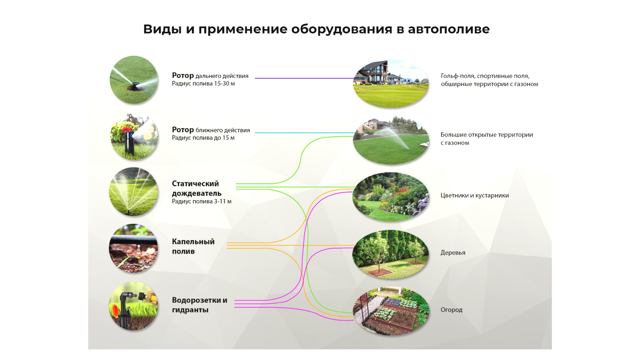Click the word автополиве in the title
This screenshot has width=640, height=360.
tap(449, 29)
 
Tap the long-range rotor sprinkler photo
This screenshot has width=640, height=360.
tap(134, 80)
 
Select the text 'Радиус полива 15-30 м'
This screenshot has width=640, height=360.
tap(203, 84)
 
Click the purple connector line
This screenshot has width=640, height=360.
tap(304, 78)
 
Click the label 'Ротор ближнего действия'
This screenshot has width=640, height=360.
tap(211, 130)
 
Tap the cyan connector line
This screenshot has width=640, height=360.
tap(304, 132)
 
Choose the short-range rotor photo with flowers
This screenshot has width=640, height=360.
tap(134, 137)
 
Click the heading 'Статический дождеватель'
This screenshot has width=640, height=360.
tap(196, 188)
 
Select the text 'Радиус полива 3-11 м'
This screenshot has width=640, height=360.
tap(202, 202)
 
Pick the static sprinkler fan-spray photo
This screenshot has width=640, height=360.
tap(133, 191)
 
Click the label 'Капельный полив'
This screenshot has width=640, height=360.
tap(193, 246)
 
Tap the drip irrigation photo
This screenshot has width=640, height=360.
tap(133, 248)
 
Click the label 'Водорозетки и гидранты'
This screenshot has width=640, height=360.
tap(199, 305)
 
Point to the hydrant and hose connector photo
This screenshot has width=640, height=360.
tap(133, 306)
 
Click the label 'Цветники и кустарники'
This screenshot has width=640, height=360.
tap(475, 196)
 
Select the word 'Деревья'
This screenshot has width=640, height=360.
tap(453, 253)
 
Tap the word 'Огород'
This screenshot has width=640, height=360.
tap(451, 310)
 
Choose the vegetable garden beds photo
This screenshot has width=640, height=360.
tap(391, 311)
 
